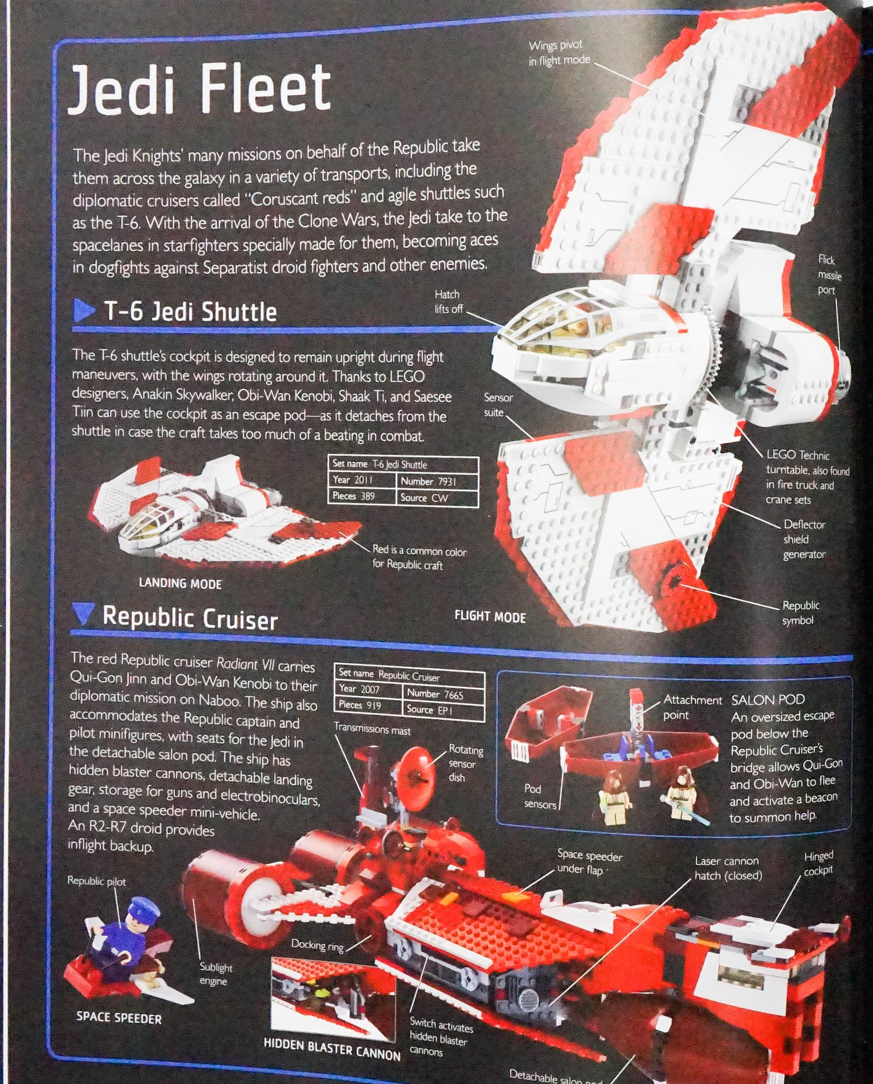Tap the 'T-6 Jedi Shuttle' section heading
click(190, 312)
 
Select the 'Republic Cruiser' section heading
click(190, 618)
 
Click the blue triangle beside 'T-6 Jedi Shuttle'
click(83, 310)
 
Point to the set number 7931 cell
click(436, 482)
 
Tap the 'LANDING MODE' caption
click(180, 583)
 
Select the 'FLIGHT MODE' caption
click(490, 617)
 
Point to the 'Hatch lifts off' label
click(448, 301)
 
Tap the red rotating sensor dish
click(414, 773)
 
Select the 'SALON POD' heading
click(768, 700)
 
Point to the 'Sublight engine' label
click(215, 974)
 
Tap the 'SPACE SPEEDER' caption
click(119, 1018)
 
